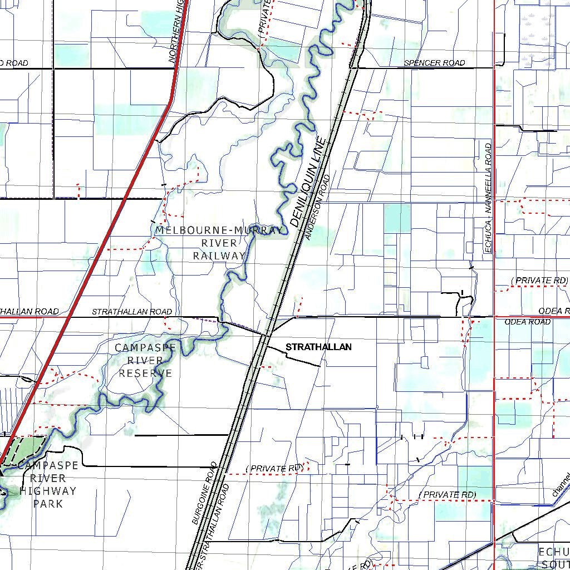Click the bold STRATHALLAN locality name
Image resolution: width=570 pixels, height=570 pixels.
pos(318,347)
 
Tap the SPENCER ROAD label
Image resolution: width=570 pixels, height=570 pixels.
pos(434,63)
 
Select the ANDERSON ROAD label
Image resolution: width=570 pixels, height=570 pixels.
pos(317,208)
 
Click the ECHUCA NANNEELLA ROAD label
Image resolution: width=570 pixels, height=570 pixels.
pos(488,199)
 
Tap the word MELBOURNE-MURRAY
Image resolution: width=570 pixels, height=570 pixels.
pos(219,230)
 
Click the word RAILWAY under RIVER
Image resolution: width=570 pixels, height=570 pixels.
pos(219,256)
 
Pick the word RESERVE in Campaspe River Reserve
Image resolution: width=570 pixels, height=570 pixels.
pos(145,373)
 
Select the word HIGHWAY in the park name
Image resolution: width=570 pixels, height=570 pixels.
pos(48,491)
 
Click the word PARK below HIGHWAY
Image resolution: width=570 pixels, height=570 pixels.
pos(48,504)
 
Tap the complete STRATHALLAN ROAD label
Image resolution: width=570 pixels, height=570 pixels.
pos(132,312)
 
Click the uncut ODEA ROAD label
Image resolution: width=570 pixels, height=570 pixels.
pos(528,322)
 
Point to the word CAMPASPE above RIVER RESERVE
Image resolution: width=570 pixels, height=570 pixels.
pos(145,348)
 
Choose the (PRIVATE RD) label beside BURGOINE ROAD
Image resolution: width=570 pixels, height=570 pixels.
pos(274,469)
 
